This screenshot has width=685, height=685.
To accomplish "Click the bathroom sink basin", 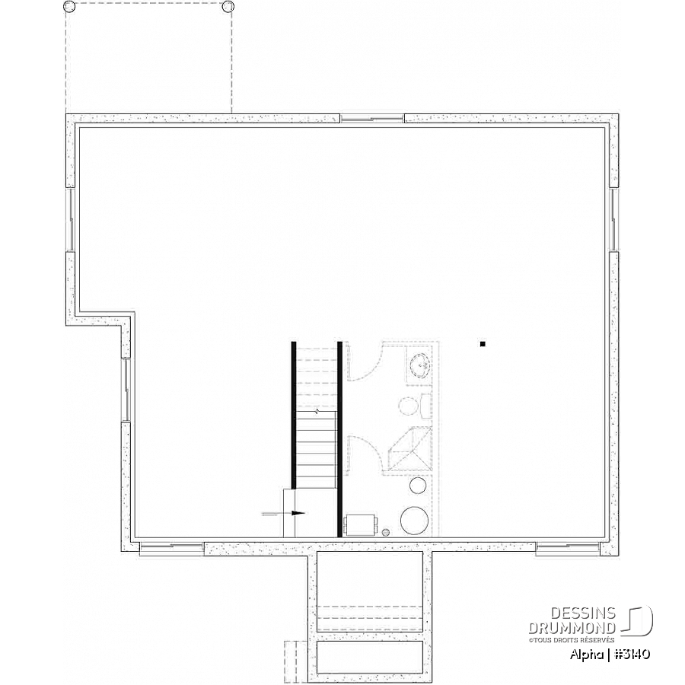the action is point(420,364).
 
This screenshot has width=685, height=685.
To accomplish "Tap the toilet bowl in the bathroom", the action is point(408,406).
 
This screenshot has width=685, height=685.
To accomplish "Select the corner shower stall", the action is point(409,451).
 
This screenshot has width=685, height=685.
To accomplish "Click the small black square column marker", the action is point(483,344).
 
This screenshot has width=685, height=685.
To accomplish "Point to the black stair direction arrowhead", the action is point(298,513).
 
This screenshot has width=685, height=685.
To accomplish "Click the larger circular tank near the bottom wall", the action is point(414,521).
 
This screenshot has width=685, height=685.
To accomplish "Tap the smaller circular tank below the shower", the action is point(418,485).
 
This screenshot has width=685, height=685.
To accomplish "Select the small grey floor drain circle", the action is point(386,532).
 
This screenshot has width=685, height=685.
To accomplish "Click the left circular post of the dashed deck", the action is point(69,6).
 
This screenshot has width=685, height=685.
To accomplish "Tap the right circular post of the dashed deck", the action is point(228,6).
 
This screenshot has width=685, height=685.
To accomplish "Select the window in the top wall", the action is point(372,118).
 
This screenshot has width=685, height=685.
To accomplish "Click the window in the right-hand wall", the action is point(613,220).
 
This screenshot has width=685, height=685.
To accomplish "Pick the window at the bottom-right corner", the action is point(568,549).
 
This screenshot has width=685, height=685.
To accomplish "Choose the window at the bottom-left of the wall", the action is point(172,549).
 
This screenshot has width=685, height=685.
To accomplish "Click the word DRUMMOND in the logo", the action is point(572,628).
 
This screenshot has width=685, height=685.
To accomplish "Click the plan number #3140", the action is point(632,654).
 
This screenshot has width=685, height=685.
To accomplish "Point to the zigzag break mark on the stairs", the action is point(317,411).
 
